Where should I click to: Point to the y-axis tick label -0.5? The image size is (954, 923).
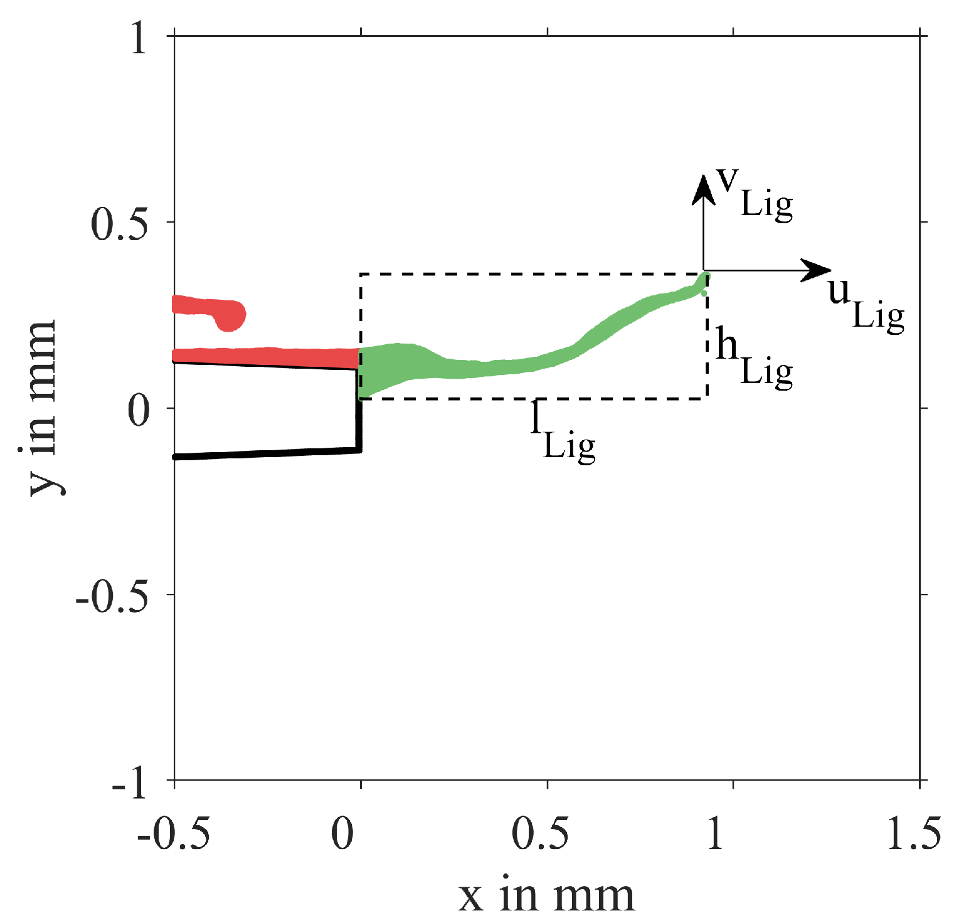pyautogui.click(x=112, y=597)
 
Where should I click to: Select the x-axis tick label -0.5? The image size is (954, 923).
pyautogui.click(x=173, y=835)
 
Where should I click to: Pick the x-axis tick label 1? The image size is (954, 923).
pyautogui.click(x=716, y=835)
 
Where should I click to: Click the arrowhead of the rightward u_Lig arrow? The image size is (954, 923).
pyautogui.click(x=819, y=271)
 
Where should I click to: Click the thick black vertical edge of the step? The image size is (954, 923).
pyautogui.click(x=359, y=420)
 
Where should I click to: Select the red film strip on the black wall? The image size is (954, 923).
pyautogui.click(x=263, y=357)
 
